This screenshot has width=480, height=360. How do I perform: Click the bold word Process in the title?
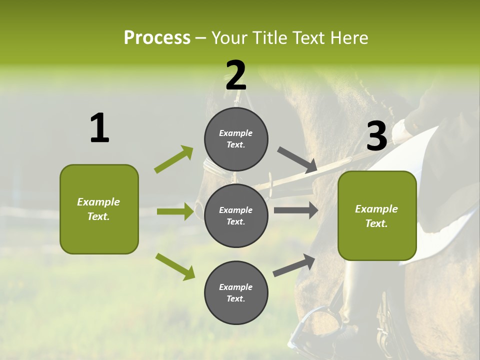(x=157, y=37)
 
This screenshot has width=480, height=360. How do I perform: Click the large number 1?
(x=99, y=128)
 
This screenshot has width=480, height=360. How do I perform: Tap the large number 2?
(x=236, y=75)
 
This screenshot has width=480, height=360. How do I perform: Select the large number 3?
(x=376, y=136)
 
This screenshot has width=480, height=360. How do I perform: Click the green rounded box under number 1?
(x=99, y=209)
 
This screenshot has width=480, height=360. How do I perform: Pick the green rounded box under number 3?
(x=377, y=215)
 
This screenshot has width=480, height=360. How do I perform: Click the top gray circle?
(x=236, y=139)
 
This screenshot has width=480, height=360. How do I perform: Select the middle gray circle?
(x=236, y=215)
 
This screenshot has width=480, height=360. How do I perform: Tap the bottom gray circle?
(x=236, y=292)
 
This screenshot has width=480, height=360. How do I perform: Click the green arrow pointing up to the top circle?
(x=173, y=159)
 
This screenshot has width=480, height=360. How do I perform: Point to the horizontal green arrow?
(x=175, y=211)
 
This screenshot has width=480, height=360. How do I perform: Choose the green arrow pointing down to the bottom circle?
(x=175, y=266)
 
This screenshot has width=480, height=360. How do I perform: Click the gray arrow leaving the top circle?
(x=297, y=159)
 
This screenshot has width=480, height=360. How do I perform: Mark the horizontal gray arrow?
(x=295, y=210)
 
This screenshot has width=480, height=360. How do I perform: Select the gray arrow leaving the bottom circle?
(x=294, y=265)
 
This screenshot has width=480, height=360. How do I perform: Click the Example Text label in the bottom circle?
(x=236, y=292)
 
